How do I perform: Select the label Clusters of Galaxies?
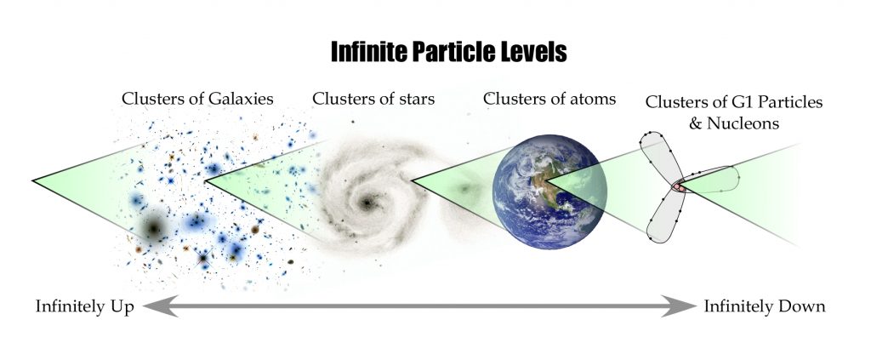(197, 99)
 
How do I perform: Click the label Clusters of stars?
(373, 99)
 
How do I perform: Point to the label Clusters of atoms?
(549, 99)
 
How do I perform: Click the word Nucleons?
(742, 123)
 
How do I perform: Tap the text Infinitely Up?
(84, 306)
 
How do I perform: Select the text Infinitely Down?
(765, 306)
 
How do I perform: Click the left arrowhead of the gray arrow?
(160, 306)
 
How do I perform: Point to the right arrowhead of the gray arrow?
(679, 306)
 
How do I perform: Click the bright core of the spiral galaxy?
(367, 203)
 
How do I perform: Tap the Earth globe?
(549, 191)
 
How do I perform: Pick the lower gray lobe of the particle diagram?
(663, 217)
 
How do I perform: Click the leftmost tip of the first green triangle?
(33, 180)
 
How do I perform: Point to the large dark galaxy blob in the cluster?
(154, 226)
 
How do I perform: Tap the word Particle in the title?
(451, 52)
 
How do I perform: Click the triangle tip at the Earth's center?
(545, 180)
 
